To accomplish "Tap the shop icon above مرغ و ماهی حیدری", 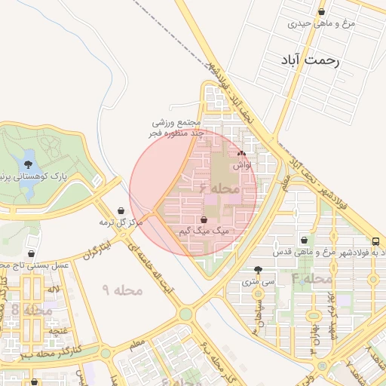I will (x=323, y=12).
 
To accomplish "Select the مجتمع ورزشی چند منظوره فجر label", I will (x=176, y=128).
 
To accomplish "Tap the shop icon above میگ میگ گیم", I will (x=204, y=219).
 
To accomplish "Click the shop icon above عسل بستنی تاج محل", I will (x=32, y=253).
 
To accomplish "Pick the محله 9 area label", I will (x=117, y=289).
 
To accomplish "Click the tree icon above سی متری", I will (x=259, y=269).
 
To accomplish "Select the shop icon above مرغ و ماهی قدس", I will (x=303, y=240).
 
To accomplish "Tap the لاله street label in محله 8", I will (x=53, y=289).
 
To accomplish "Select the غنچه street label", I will (x=55, y=330).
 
